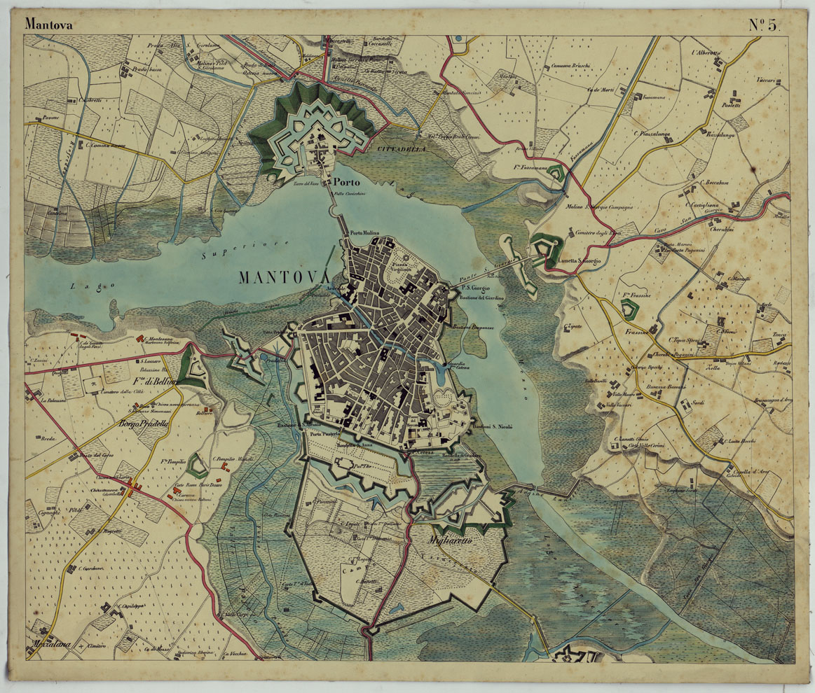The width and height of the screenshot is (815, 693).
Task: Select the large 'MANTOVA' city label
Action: pos(283,277)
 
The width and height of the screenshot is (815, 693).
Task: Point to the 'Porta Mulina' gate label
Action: pos(365,233)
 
